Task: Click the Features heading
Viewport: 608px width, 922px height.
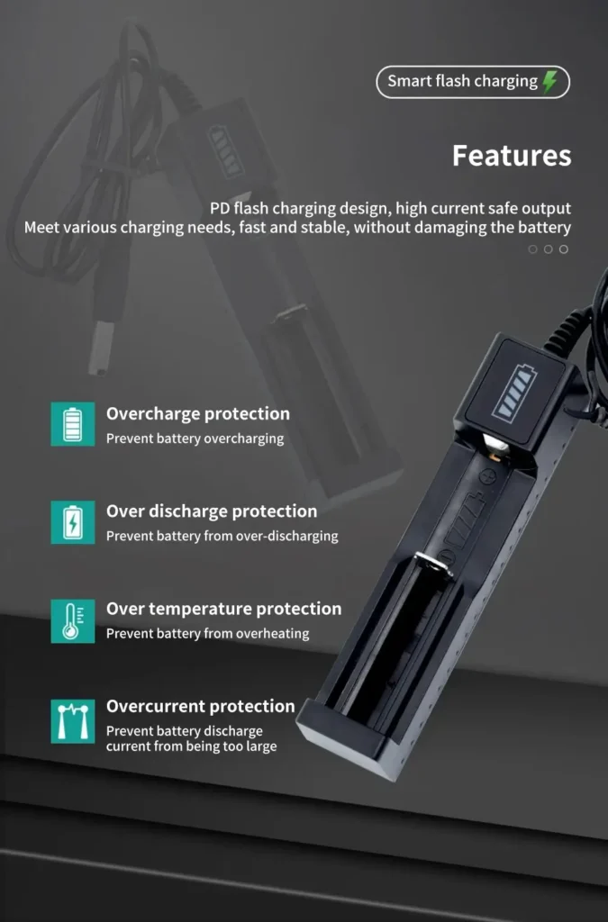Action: (512, 156)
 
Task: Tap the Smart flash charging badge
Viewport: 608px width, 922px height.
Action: (473, 82)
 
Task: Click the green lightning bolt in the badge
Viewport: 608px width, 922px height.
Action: (549, 82)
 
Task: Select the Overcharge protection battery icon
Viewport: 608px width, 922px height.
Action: (72, 424)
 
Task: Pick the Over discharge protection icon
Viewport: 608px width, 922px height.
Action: (72, 521)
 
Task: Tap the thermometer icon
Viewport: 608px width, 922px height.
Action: (72, 620)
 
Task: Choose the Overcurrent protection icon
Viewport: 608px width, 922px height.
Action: (72, 719)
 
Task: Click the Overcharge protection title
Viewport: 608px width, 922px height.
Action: (198, 414)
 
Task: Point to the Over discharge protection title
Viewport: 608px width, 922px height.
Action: (212, 511)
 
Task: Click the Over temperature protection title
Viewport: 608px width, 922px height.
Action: (223, 609)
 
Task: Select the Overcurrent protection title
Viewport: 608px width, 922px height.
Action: (201, 706)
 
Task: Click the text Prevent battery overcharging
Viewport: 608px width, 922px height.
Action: (195, 438)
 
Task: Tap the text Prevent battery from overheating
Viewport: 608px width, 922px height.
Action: (207, 633)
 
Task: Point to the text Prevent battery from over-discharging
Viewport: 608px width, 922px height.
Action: (222, 536)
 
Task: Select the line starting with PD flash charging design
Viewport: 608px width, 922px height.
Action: (390, 209)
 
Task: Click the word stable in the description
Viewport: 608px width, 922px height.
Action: (322, 227)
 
